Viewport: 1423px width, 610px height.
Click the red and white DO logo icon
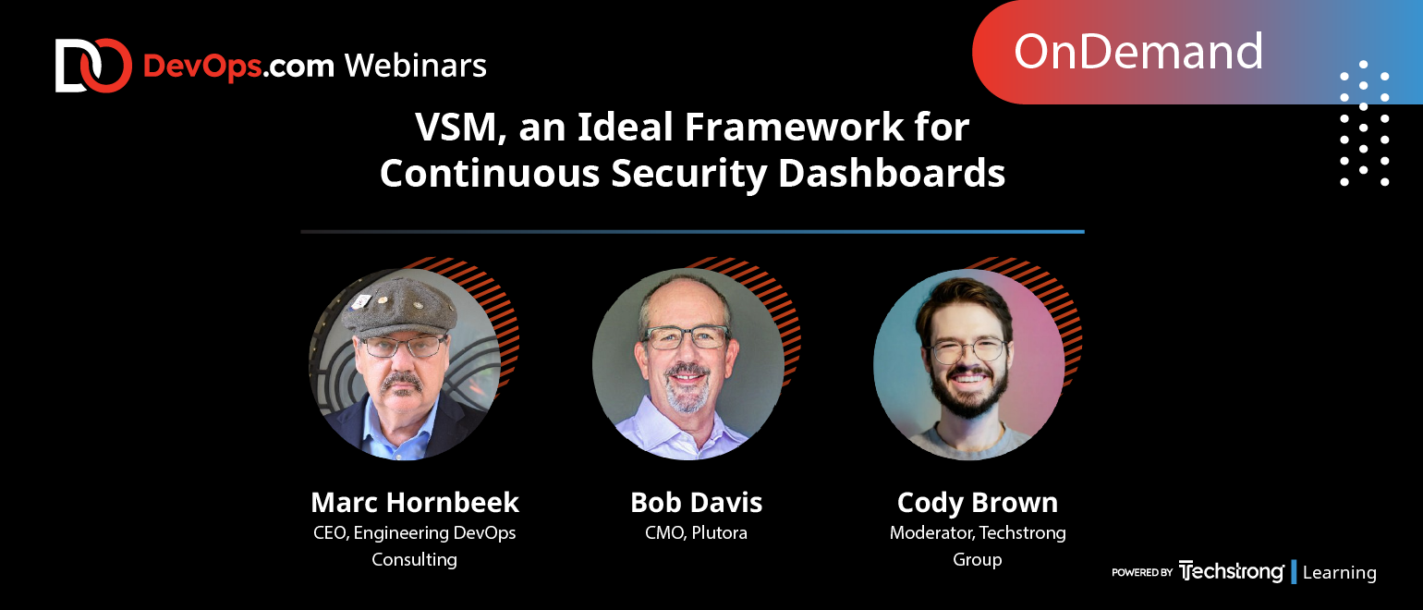93,66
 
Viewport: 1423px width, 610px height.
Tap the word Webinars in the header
416,66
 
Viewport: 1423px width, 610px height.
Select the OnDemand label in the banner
1137,52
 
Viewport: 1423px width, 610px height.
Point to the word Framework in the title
794,127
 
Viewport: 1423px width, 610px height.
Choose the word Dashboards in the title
892,173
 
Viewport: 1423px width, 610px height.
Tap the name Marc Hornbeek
415,503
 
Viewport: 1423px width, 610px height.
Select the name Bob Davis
697,503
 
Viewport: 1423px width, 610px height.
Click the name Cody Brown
978,503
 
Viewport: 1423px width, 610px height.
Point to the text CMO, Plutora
697,532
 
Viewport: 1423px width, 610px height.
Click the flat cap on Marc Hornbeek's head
400,308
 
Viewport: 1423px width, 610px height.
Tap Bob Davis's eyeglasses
687,336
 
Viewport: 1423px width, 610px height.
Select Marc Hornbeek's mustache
401,382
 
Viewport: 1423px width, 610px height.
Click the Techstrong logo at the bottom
1231,571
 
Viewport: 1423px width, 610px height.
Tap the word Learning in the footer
1340,572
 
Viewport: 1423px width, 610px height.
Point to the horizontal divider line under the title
692,232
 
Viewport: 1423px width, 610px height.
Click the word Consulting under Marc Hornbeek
414,560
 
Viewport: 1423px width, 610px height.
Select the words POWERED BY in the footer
1142,572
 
